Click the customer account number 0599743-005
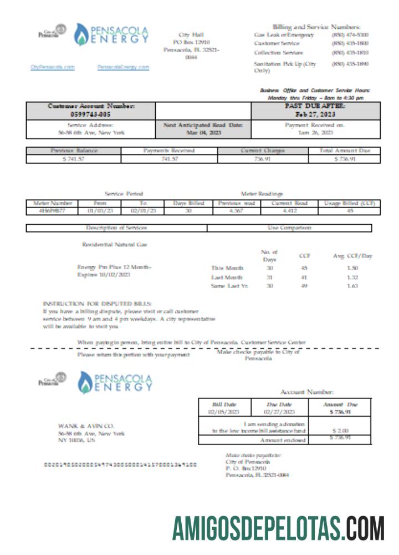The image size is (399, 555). tap(90, 114)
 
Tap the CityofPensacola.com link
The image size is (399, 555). tap(53, 67)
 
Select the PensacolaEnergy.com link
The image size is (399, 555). tap(123, 67)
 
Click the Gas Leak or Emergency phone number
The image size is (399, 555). tap(350, 35)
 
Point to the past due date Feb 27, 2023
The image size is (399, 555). tap(315, 114)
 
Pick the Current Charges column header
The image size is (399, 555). tap(263, 150)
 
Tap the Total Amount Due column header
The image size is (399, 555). tap(344, 150)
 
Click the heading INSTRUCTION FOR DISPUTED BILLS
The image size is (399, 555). tap(97, 303)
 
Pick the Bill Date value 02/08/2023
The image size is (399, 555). tap(224, 412)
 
